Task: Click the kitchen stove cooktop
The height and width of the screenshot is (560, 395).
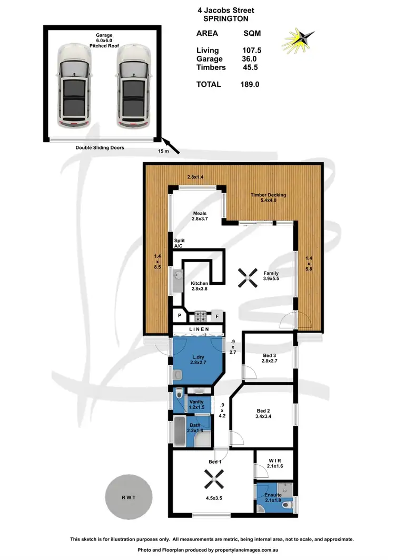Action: coord(201,316)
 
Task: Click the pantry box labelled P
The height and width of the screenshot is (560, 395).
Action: coord(180,316)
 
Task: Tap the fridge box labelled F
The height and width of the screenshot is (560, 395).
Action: coord(217,317)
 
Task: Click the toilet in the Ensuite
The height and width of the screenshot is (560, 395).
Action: coord(285,504)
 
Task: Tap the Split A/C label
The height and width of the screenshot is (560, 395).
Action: coord(180,243)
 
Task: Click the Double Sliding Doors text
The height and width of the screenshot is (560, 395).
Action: coord(100,148)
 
